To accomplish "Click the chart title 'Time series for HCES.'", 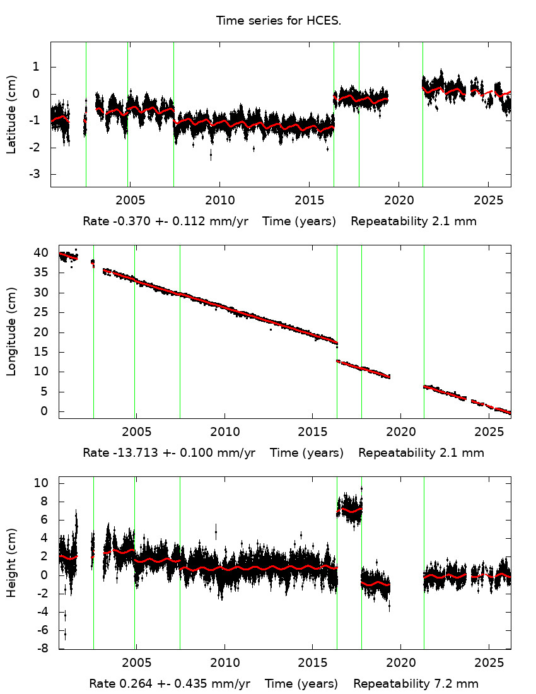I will point(279,21).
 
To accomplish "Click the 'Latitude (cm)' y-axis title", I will point(11,114).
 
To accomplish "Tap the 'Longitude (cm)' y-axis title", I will point(11,331).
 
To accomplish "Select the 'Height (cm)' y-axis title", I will point(11,563).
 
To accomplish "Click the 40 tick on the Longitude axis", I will point(41,253).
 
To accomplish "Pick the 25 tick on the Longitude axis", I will point(41,312).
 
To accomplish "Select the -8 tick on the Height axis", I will point(41,649).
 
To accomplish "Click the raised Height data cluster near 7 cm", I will point(349,510).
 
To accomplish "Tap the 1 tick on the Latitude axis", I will point(38,67).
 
